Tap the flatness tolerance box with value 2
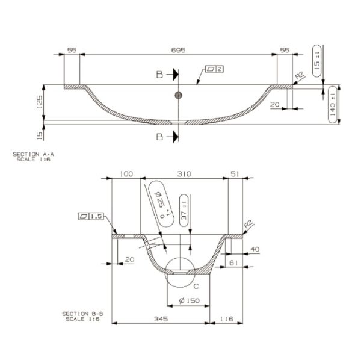(x=214, y=69)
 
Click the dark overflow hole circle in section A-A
(x=178, y=95)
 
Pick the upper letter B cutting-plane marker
(x=159, y=75)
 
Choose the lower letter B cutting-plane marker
(x=159, y=137)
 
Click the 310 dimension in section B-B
(x=184, y=174)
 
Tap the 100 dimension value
(x=125, y=174)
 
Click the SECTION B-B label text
(x=84, y=316)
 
